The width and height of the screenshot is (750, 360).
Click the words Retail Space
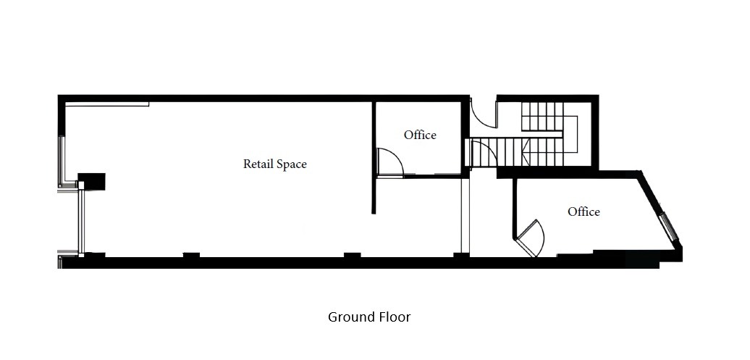pyautogui.click(x=275, y=164)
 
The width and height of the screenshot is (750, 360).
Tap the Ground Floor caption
pyautogui.click(x=369, y=317)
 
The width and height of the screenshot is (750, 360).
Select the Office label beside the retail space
pyautogui.click(x=420, y=135)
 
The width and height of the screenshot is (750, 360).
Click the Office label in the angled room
pyautogui.click(x=583, y=212)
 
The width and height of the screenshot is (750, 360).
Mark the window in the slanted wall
pyautogui.click(x=669, y=227)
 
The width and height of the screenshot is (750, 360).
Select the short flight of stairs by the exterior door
pyautogui.click(x=542, y=116)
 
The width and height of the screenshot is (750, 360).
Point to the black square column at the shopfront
pyautogui.click(x=91, y=182)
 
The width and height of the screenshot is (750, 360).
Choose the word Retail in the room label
pyautogui.click(x=259, y=164)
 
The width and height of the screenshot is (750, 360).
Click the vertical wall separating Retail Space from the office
pyautogui.click(x=374, y=157)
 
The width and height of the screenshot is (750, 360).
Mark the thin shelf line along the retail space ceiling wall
pyautogui.click(x=107, y=104)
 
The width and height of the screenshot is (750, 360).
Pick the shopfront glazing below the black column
pyautogui.click(x=81, y=222)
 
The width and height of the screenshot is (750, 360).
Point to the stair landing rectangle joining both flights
pyautogui.click(x=570, y=134)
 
